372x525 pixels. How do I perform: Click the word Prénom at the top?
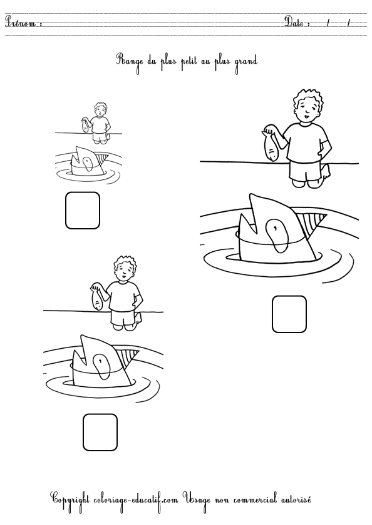coord(22,23)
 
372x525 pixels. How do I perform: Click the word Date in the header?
coord(296,23)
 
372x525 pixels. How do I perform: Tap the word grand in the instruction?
coord(245,61)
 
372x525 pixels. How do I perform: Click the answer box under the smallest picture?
coord(83,210)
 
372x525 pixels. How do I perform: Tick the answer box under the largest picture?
coord(289,314)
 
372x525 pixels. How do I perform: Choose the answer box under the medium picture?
coord(100,432)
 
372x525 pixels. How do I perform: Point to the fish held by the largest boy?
coord(271,146)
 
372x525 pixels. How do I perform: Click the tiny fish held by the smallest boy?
coord(83,125)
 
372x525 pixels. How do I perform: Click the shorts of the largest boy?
coord(306,170)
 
